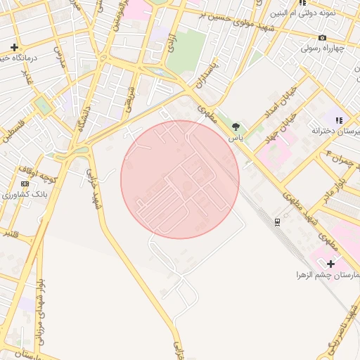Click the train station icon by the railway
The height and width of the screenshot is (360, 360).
point(278,222)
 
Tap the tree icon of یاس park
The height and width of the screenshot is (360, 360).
point(235,127)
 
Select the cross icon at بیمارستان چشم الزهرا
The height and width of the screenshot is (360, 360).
point(331,263)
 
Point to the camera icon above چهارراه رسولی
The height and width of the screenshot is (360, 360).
point(322,37)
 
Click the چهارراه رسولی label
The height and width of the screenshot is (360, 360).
point(321,49)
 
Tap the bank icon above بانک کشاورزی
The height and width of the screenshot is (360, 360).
point(25,184)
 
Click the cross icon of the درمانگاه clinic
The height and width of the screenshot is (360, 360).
point(13,47)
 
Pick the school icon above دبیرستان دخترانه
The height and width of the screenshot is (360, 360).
point(338,120)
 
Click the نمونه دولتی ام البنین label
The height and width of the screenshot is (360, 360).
point(311,13)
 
